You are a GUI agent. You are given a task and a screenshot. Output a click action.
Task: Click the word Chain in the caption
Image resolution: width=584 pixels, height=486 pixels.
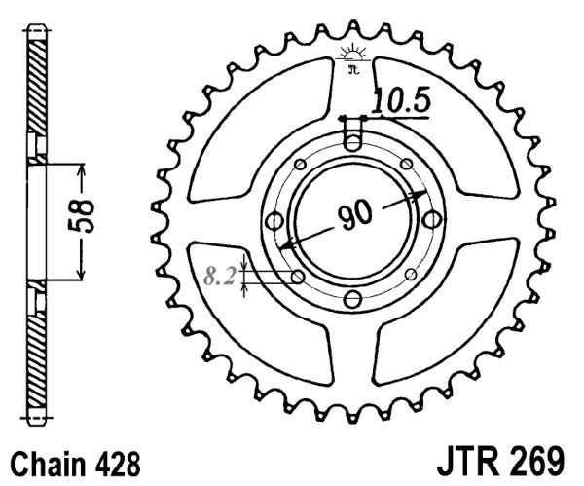tap(44, 459)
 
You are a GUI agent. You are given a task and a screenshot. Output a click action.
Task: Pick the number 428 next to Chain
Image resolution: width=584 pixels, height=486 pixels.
tap(118, 459)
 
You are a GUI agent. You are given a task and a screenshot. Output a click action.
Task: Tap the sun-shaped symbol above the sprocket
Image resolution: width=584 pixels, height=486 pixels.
tap(351, 56)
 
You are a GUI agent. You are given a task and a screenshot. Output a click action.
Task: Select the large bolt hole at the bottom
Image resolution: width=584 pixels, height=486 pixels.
tap(352, 299)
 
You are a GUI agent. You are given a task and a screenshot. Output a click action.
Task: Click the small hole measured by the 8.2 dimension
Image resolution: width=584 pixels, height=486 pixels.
tap(298, 278)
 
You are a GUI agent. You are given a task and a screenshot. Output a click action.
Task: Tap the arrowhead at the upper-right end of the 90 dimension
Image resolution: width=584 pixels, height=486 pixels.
tap(421, 194)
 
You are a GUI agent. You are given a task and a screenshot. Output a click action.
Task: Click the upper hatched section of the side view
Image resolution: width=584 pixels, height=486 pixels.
tap(35, 88)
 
